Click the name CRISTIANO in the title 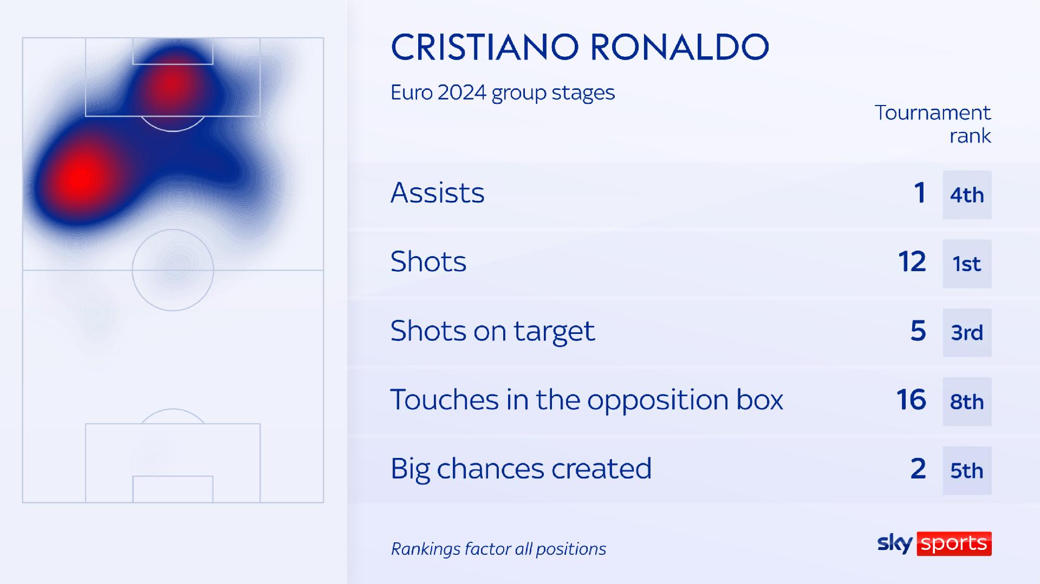485,47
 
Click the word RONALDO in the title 679,47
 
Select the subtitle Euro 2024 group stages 503,93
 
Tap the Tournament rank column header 933,124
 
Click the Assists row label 438,193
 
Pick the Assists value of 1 920,193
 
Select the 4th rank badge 967,195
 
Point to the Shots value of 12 912,262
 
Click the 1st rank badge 967,264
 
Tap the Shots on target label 492,331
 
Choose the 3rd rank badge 967,333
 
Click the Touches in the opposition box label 587,400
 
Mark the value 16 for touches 912,400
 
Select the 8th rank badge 967,402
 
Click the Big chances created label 521,469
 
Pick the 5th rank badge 967,470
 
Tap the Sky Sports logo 934,543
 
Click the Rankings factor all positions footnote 498,549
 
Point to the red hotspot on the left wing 82,176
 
